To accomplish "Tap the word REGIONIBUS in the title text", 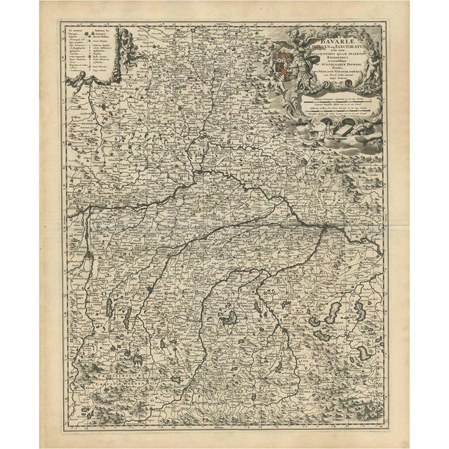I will point(316,57).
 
